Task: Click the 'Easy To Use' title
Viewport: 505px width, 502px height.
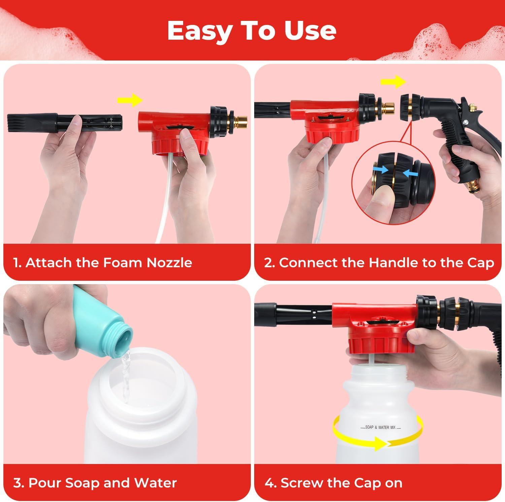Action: [252, 31]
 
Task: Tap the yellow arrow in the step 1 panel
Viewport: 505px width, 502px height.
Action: [130, 100]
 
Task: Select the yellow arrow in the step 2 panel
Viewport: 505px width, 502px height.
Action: [393, 81]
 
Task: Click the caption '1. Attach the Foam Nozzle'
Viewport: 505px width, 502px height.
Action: [103, 262]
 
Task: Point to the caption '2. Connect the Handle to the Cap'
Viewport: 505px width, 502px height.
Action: [379, 263]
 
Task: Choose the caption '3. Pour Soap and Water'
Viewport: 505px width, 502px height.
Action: [95, 483]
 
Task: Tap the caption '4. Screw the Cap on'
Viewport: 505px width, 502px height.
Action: [333, 483]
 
